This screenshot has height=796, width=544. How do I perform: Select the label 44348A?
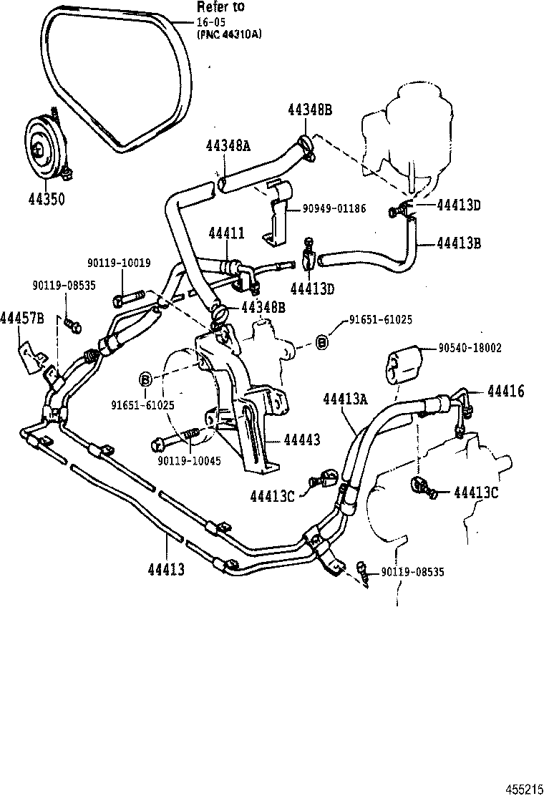tap(228, 145)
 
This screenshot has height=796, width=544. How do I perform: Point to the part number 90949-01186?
tap(334, 209)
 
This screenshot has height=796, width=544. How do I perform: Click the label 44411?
tap(227, 234)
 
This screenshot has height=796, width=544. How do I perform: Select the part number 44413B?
tap(459, 243)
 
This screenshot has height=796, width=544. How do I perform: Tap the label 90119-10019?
tap(119, 263)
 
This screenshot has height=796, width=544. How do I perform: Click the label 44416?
tap(505, 391)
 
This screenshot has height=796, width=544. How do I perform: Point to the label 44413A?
tap(345, 399)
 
